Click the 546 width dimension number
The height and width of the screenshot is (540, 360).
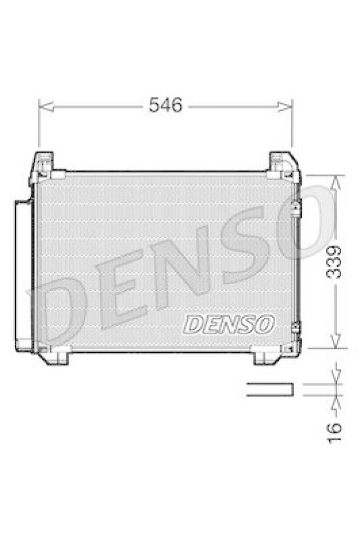tap(165, 105)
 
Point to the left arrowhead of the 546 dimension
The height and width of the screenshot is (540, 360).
tap(43, 106)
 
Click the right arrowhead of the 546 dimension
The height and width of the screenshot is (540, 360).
tap(288, 106)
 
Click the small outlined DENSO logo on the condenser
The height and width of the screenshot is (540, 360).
tap(229, 324)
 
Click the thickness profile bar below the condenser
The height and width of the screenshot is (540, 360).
tap(269, 389)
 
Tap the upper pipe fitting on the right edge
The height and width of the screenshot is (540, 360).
tap(295, 210)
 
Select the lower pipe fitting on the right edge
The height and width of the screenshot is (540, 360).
tap(295, 328)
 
